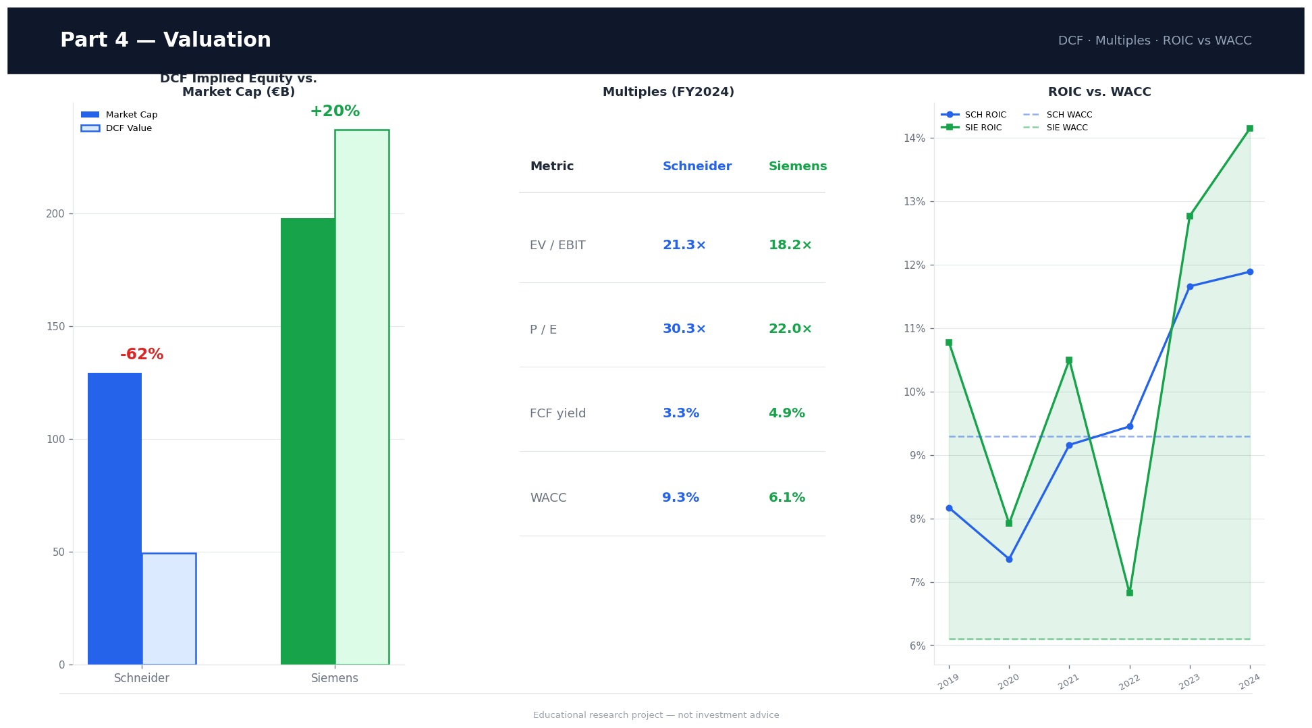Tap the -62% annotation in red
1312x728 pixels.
pyautogui.click(x=142, y=355)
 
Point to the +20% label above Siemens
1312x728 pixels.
pyautogui.click(x=335, y=111)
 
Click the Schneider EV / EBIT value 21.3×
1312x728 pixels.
pyautogui.click(x=684, y=245)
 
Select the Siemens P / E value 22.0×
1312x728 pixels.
pyautogui.click(x=790, y=329)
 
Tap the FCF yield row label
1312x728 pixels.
pyautogui.click(x=557, y=413)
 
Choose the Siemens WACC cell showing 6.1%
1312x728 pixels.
pyautogui.click(x=786, y=498)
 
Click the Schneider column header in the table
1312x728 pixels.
pyautogui.click(x=696, y=166)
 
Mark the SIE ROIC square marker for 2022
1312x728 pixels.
pyautogui.click(x=1129, y=592)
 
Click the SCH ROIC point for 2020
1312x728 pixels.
pyautogui.click(x=1009, y=559)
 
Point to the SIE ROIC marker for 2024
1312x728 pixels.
pyautogui.click(x=1249, y=128)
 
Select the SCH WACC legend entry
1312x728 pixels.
pyautogui.click(x=1068, y=115)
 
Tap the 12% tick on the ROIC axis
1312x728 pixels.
pyautogui.click(x=914, y=265)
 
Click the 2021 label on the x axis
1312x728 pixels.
pyautogui.click(x=1068, y=682)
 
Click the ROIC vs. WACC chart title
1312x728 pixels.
pyautogui.click(x=1099, y=92)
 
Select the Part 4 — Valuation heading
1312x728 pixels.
pyautogui.click(x=165, y=41)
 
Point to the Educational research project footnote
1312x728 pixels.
pyautogui.click(x=655, y=715)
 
